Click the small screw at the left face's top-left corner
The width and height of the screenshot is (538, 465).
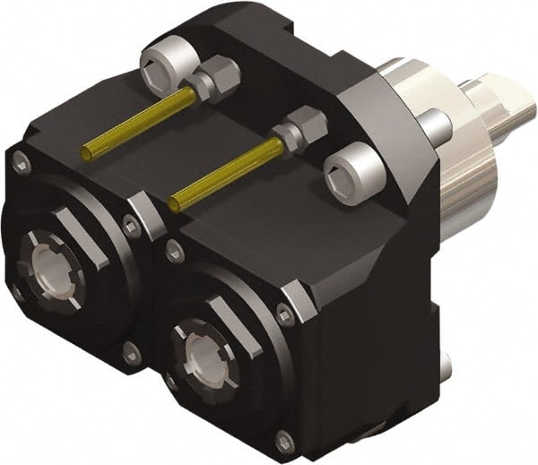19,161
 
